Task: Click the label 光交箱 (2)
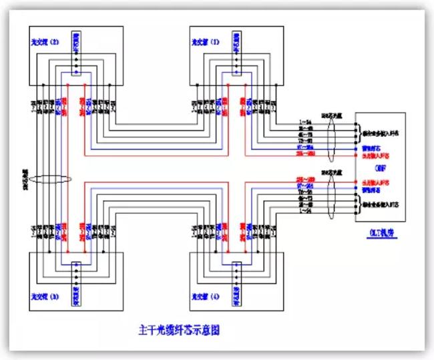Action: (x=45, y=41)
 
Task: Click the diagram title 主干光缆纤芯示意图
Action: (x=179, y=329)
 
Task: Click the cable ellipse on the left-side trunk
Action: (x=48, y=178)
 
